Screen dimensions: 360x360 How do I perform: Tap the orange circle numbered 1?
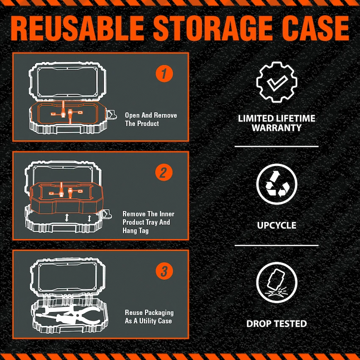tap(164, 74)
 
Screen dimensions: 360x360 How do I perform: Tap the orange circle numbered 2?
tap(164, 173)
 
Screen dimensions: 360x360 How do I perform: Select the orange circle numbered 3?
tap(164, 271)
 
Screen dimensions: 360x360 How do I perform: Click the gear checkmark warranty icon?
tap(276, 82)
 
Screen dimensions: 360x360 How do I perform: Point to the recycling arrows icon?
tap(276, 184)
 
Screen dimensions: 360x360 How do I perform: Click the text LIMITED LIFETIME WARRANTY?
tap(276, 123)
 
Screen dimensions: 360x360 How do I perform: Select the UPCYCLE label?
tap(276, 225)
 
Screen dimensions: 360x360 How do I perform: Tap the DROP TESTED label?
tap(276, 324)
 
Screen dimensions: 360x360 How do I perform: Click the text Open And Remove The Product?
tap(151, 119)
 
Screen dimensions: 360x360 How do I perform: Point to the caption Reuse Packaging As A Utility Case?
tap(149, 316)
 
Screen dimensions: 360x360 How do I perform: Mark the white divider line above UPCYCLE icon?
tap(276, 147)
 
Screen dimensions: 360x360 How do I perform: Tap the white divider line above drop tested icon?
tap(276, 245)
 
